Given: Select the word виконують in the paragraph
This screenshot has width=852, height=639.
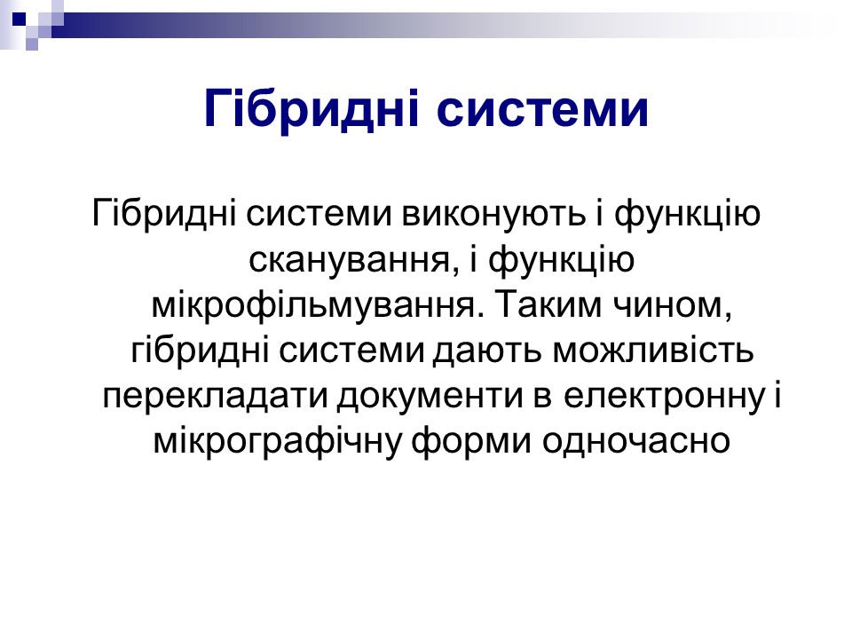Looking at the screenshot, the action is pyautogui.click(x=493, y=213).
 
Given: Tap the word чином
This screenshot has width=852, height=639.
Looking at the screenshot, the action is pyautogui.click(x=673, y=305).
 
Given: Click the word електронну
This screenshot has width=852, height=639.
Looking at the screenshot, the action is pyautogui.click(x=664, y=396).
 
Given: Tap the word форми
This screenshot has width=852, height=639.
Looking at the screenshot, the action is pyautogui.click(x=470, y=442).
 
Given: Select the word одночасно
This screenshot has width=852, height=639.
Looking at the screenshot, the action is pyautogui.click(x=635, y=441).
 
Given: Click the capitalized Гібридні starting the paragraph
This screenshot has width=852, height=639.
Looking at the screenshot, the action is pyautogui.click(x=164, y=213).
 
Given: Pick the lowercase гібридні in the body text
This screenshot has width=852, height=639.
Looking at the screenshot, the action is pyautogui.click(x=200, y=351).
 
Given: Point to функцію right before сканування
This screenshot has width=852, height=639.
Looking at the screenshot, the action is pyautogui.click(x=687, y=214).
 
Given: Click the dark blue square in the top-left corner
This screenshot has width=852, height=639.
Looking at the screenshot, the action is pyautogui.click(x=19, y=19).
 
